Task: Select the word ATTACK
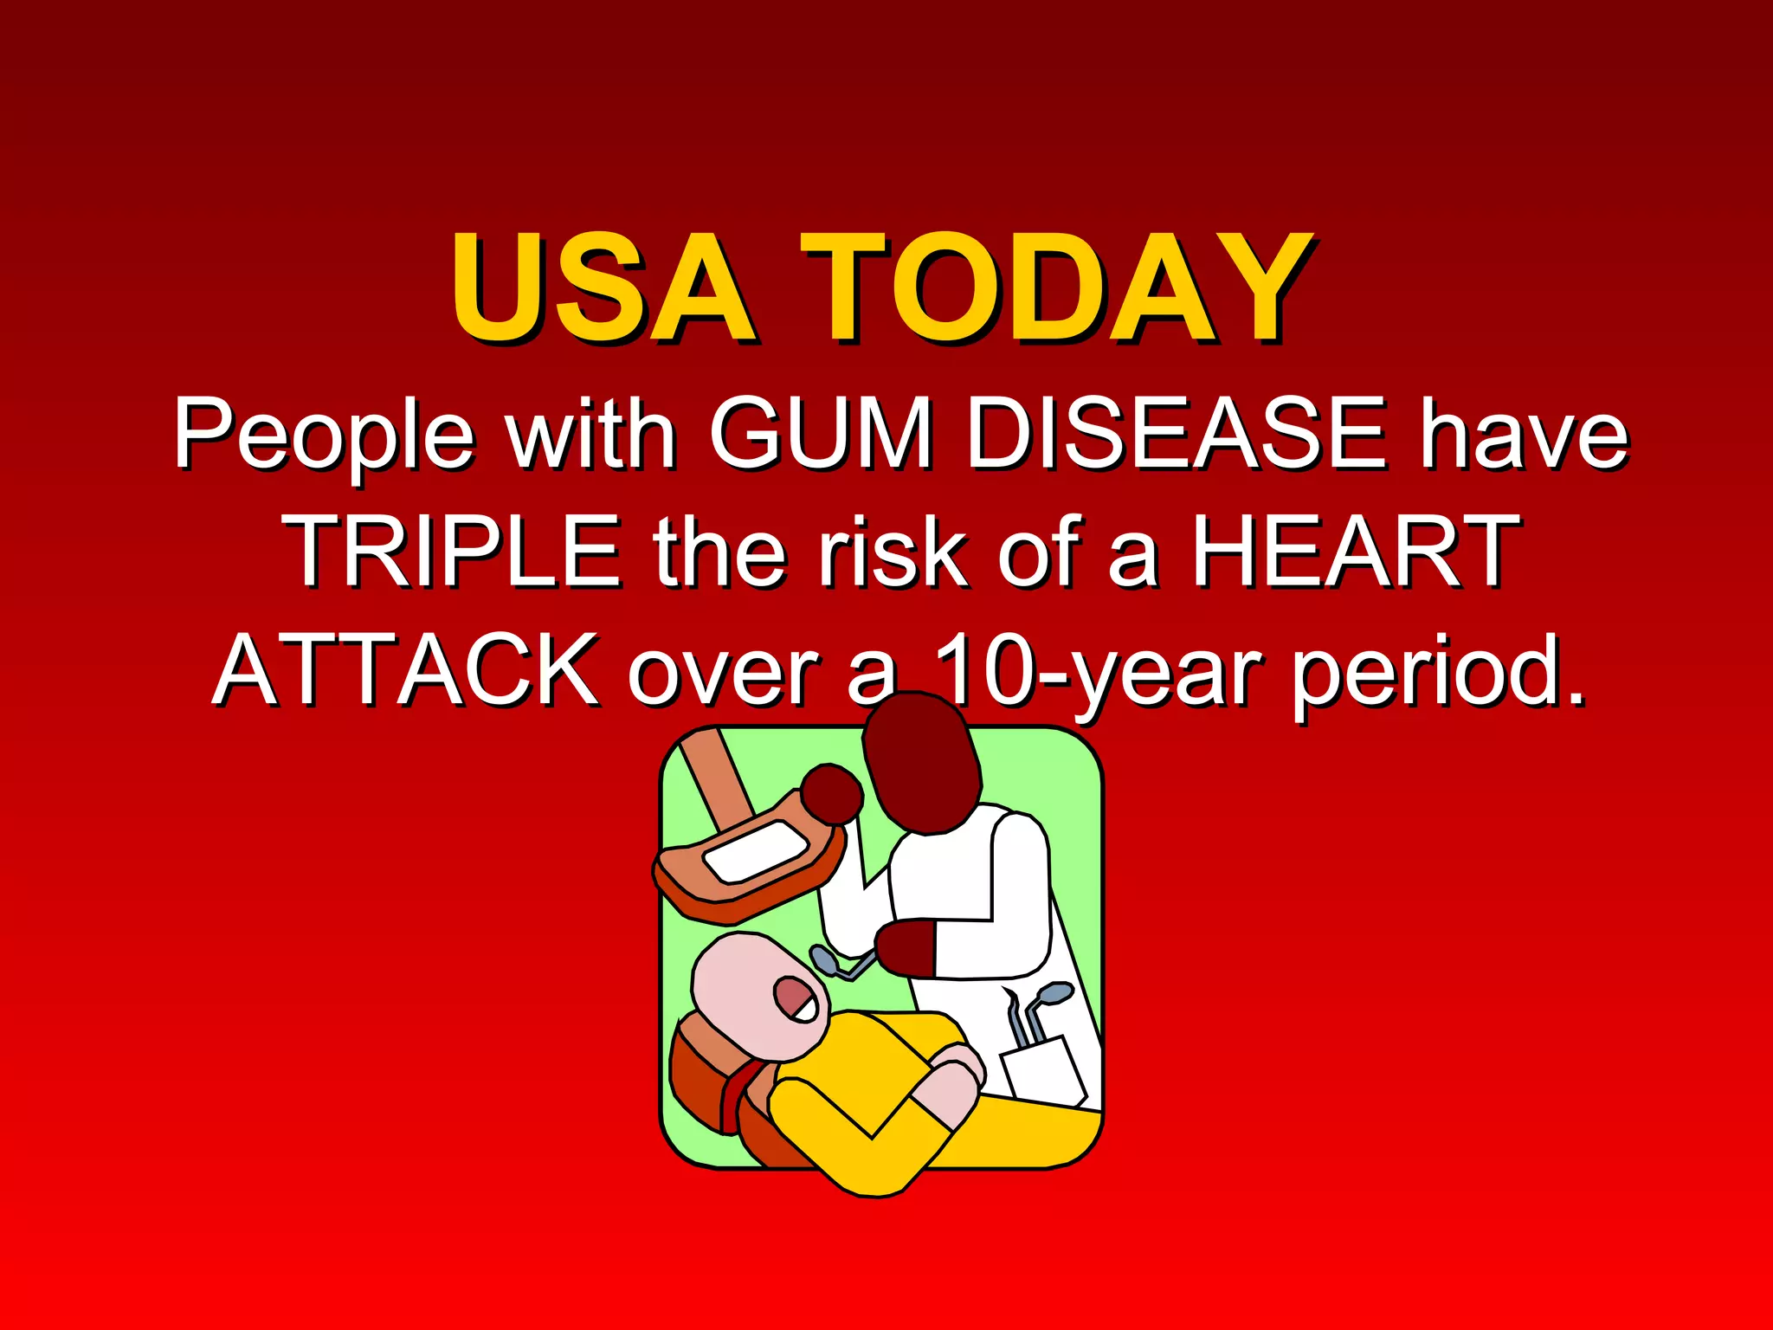coord(406,669)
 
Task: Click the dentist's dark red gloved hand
coord(906,948)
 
